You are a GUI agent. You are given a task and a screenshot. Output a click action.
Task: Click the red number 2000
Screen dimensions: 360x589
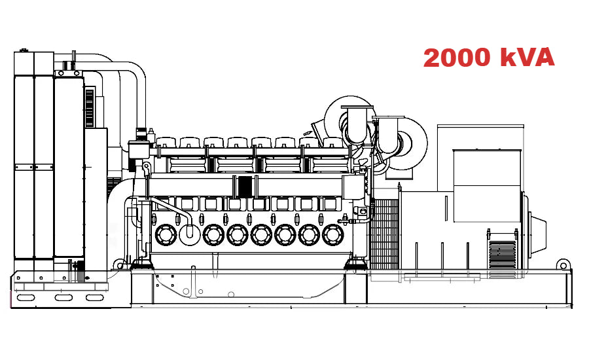(x=457, y=58)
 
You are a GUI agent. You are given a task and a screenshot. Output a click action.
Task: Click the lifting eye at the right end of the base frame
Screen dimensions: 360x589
(x=562, y=264)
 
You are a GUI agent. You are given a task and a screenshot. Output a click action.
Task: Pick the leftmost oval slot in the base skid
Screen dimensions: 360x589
(x=26, y=298)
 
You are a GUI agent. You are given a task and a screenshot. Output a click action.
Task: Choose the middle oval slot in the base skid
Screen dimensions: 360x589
(x=63, y=298)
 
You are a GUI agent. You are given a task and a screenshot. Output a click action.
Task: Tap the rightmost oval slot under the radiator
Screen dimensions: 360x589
(x=96, y=298)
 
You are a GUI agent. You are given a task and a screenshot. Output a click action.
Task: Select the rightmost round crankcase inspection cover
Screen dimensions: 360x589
(x=333, y=234)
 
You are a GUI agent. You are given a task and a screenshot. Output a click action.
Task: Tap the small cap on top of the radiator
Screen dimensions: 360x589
(x=24, y=50)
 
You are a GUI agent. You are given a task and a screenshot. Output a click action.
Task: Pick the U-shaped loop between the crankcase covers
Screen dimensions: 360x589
(x=190, y=230)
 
